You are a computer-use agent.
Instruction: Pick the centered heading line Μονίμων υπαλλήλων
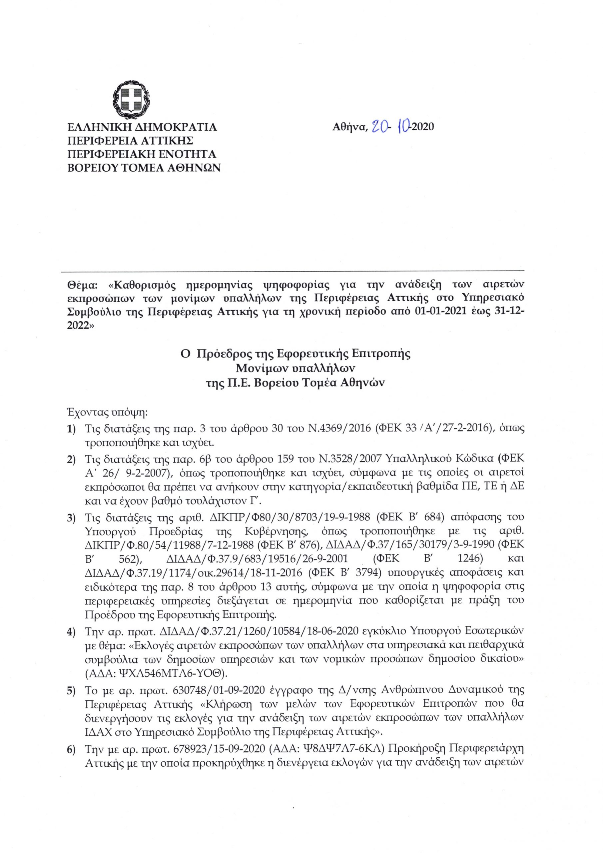pyautogui.click(x=296, y=368)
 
